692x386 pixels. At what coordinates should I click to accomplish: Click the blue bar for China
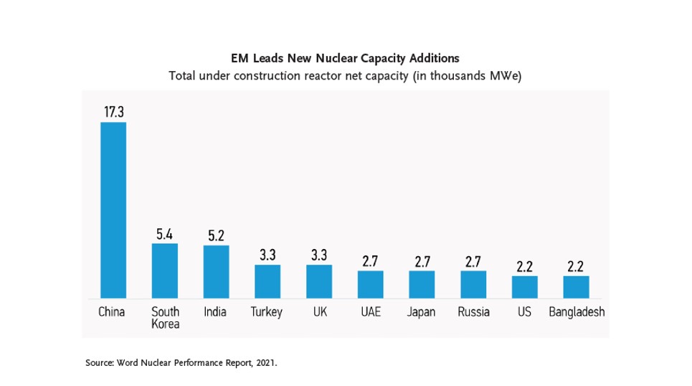113,210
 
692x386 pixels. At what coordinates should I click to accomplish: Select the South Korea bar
165,270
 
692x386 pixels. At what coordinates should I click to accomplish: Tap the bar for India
216,271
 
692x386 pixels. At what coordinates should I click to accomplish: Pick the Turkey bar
267,281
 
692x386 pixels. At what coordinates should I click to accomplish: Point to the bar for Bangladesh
576,287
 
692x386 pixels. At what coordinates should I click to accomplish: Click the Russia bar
473,284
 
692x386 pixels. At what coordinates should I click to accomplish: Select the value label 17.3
113,111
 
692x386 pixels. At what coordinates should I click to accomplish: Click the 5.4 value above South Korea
165,234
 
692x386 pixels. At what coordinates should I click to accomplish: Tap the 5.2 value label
216,235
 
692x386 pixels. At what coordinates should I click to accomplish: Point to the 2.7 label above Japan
422,261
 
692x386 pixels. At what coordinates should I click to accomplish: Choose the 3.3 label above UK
319,255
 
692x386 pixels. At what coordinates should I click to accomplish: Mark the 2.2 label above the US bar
524,266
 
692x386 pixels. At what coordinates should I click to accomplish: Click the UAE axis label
370,312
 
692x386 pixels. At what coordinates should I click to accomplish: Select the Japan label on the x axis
422,312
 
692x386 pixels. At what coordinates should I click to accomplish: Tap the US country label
524,312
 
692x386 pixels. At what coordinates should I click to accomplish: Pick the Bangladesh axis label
576,312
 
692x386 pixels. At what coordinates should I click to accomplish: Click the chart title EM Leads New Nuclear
345,58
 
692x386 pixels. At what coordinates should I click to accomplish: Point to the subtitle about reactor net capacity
345,76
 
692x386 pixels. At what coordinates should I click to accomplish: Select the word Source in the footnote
99,364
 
